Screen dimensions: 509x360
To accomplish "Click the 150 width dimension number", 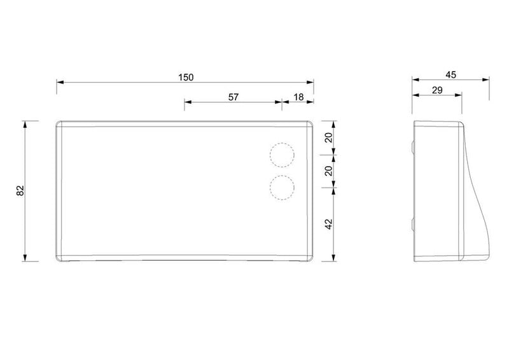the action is pos(186,77).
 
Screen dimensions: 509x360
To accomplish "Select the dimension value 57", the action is pos(234,97).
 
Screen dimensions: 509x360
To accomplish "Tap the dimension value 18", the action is pos(298,97).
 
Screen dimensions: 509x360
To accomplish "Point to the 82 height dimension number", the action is pos(20,191).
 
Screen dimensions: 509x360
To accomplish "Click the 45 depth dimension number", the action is pos(450,75).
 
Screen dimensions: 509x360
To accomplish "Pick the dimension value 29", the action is pos(437,90).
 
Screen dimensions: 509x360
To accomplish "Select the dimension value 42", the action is pos(329,224).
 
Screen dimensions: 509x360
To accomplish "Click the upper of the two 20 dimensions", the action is pos(329,137).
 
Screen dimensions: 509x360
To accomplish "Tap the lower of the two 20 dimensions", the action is pos(329,170).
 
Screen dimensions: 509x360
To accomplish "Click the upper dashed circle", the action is pos(282,143).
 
